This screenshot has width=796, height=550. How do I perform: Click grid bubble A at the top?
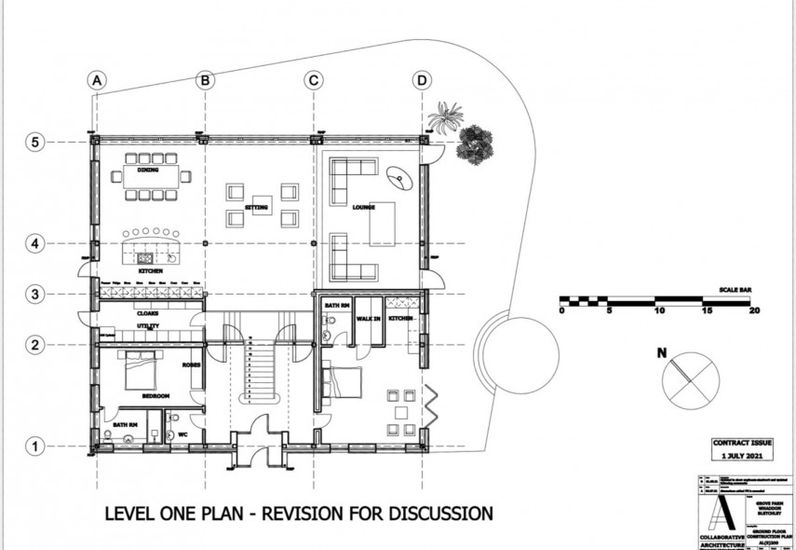95,81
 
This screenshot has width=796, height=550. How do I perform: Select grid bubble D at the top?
423,81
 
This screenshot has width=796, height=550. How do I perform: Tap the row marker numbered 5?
34,142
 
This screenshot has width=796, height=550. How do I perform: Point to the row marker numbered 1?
34,447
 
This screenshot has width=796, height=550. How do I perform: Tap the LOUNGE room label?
364,208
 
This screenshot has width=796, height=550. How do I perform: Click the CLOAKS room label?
147,313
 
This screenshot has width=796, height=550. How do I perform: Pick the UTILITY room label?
147,326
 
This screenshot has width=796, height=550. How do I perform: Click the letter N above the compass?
661,353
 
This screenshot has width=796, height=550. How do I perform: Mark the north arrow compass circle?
689,378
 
